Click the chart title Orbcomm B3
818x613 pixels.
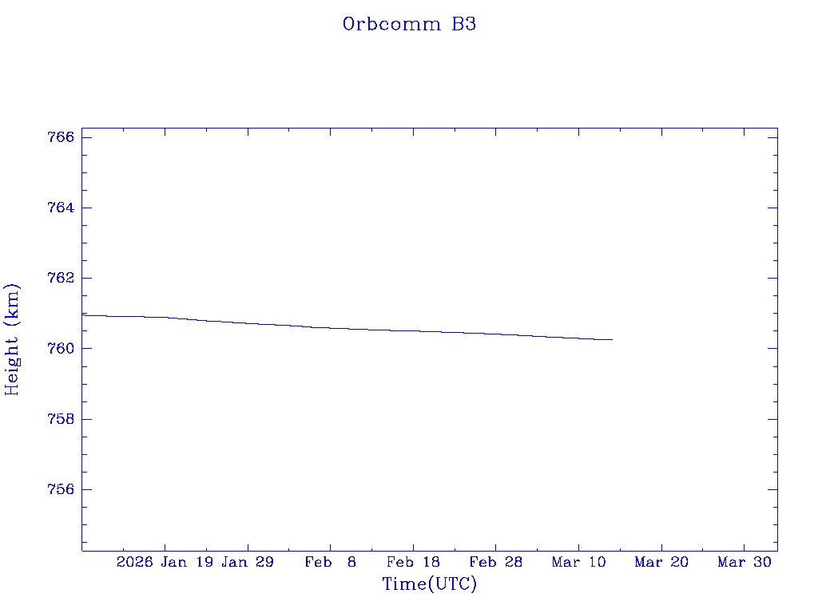[409, 24]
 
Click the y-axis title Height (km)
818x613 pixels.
[12, 338]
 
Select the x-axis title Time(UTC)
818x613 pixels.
[429, 584]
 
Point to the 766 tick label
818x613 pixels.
[61, 137]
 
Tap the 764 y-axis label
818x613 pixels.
[61, 208]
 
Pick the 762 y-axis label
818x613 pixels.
[61, 278]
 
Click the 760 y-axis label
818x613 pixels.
[61, 349]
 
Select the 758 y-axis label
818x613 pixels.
[61, 419]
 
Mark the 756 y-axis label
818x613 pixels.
[61, 489]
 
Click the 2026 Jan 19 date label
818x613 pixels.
[165, 563]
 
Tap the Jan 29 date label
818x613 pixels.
[248, 563]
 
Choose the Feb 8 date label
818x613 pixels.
[330, 563]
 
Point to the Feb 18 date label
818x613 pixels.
[413, 563]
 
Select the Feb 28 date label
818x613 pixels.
[495, 563]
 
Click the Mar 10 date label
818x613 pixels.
[578, 563]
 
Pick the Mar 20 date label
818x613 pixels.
[661, 563]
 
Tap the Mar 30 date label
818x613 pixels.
[744, 563]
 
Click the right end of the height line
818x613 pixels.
[612, 340]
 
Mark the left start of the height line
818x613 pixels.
[83, 315]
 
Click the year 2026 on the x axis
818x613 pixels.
[134, 563]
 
